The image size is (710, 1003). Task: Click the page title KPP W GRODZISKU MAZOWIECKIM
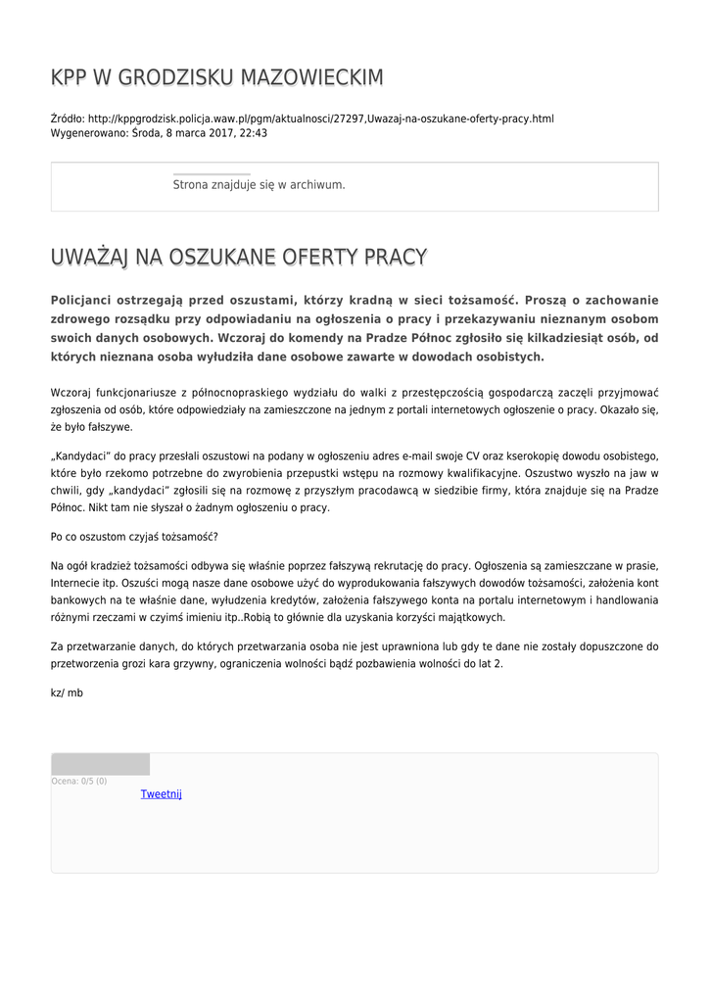216,77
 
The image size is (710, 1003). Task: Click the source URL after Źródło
320,119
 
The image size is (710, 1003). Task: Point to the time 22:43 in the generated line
254,133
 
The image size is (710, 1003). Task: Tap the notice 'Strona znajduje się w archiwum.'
259,184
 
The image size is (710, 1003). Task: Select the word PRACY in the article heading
396,258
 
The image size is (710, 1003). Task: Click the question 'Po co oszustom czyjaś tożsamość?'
134,537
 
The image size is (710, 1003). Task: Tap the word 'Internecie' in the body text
80,583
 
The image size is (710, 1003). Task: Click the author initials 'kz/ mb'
67,693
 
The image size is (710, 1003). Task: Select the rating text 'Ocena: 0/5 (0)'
79,781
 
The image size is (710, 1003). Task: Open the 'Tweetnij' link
161,793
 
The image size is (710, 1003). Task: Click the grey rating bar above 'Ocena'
100,764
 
